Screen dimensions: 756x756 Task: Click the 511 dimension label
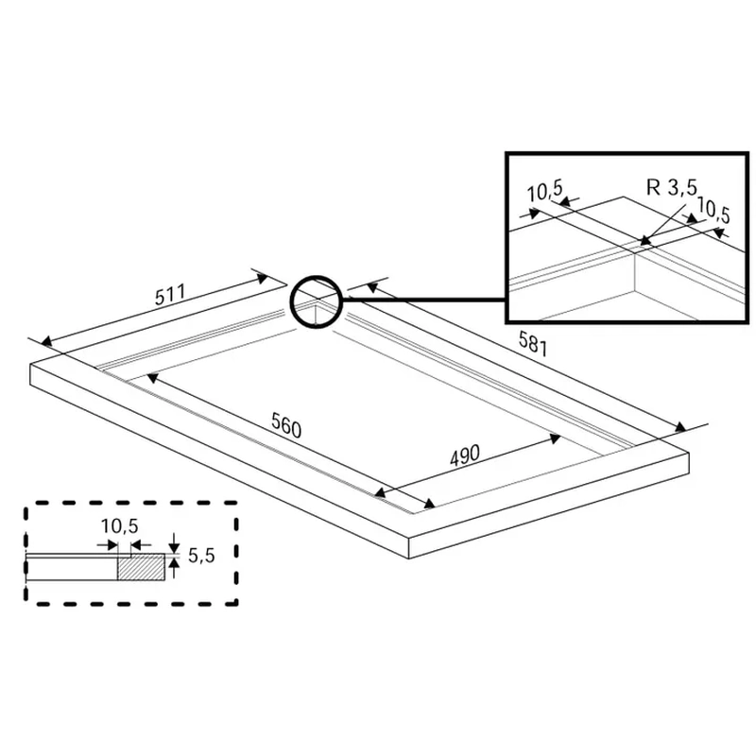pos(170,295)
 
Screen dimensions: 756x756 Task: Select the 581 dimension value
pos(533,344)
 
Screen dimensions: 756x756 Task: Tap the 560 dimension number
pos(286,425)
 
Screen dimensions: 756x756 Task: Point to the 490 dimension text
pos(465,455)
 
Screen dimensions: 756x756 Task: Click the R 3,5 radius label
pos(672,187)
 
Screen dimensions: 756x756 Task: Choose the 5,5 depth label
pos(201,556)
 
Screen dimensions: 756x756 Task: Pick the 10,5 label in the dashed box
pos(119,526)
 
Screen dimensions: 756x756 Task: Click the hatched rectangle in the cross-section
pos(141,566)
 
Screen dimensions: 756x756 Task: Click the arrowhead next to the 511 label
pos(263,278)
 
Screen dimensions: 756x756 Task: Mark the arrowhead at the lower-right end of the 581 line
pos(679,427)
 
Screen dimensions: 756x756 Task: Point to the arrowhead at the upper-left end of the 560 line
pos(152,377)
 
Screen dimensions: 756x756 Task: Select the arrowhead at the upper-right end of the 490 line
pos(555,438)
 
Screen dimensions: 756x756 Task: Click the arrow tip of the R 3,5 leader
pos(644,241)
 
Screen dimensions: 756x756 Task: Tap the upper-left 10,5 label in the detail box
pos(545,191)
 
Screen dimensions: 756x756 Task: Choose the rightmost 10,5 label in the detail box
pos(713,210)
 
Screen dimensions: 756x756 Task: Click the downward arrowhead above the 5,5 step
pos(175,547)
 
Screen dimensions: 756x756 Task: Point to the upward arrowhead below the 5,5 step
pos(175,562)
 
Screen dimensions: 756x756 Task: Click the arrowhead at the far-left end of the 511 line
pos(46,342)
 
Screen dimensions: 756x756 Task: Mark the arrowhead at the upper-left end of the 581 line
pos(371,287)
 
